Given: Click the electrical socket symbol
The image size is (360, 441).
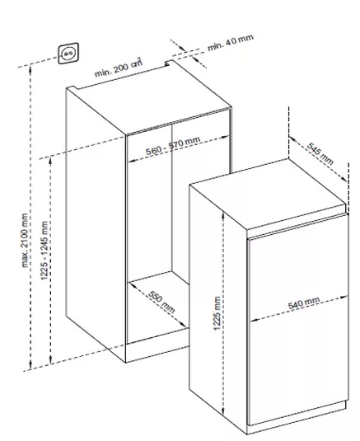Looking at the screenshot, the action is (68, 53).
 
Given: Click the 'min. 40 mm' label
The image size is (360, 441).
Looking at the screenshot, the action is (231, 43).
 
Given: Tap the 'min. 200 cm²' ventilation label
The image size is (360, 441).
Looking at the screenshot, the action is (119, 68).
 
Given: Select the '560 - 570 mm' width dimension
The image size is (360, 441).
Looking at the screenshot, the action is (173, 146).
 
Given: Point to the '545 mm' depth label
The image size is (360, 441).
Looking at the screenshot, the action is (320, 153).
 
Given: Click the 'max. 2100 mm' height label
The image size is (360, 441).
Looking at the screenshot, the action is (25, 240).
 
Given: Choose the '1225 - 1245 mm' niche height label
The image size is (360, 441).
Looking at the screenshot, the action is (44, 251).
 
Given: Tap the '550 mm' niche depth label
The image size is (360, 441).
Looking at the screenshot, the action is (161, 303).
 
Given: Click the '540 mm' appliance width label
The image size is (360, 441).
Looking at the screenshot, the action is (304, 303).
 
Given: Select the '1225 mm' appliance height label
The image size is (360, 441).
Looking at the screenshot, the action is (217, 313).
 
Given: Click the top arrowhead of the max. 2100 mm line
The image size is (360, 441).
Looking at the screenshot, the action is (30, 68).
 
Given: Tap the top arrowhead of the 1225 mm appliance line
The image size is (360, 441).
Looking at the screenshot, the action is (223, 215).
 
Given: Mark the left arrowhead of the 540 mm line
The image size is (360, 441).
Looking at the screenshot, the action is (254, 319).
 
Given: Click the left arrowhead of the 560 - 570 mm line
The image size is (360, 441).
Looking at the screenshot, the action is (132, 161).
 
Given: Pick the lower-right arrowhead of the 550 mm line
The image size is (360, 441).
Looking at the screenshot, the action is (184, 325).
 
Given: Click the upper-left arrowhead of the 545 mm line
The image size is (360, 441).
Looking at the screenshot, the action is (292, 139).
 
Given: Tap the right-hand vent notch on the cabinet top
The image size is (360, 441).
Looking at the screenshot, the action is (169, 63).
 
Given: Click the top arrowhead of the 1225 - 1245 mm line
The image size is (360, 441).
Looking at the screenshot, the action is (50, 160).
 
